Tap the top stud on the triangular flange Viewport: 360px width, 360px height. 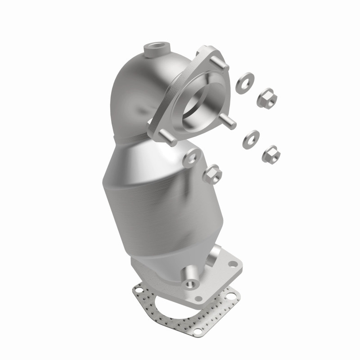click(x=220, y=63)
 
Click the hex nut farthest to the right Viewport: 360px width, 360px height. click(x=271, y=153)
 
